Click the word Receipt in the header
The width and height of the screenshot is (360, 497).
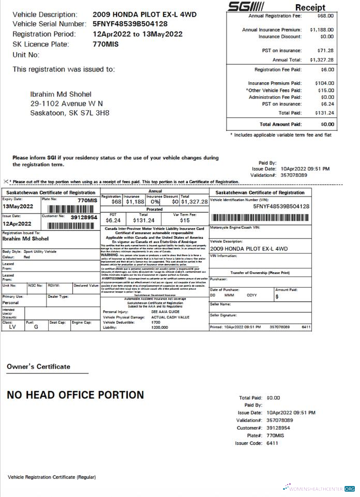pyautogui.click(x=310, y=7)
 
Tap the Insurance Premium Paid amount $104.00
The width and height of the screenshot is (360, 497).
pyautogui.click(x=324, y=83)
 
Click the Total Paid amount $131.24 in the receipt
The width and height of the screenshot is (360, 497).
pyautogui.click(x=324, y=113)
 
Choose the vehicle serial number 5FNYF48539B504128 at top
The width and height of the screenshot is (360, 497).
pyautogui.click(x=130, y=24)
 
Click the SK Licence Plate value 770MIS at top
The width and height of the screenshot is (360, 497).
pyautogui.click(x=107, y=44)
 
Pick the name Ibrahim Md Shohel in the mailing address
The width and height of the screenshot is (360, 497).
pyautogui.click(x=61, y=94)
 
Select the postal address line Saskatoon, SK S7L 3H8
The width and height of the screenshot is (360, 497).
pyautogui.click(x=70, y=113)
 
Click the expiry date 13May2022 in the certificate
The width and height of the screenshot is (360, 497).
pyautogui.click(x=18, y=206)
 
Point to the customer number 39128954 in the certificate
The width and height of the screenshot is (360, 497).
pyautogui.click(x=84, y=218)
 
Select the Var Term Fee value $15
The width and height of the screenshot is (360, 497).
pyautogui.click(x=185, y=220)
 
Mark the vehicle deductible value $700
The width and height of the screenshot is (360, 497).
pyautogui.click(x=156, y=322)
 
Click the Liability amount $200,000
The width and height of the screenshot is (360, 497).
pyautogui.click(x=160, y=327)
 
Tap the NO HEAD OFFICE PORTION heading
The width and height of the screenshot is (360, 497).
pyautogui.click(x=75, y=395)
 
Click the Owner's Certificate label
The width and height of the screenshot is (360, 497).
pyautogui.click(x=38, y=367)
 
